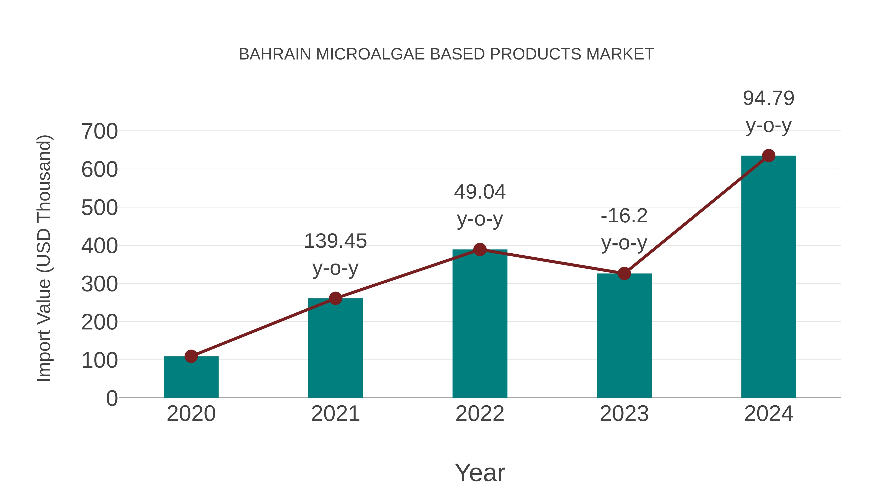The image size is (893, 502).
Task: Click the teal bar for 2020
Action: tap(191, 378)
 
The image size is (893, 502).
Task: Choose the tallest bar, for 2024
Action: tap(768, 277)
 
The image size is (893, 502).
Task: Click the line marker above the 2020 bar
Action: tap(191, 356)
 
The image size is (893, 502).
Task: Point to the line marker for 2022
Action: tap(480, 249)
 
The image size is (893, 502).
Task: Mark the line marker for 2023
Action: tap(624, 274)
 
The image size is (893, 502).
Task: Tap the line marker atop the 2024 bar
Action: tap(768, 156)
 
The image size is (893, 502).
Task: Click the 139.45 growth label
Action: tap(335, 241)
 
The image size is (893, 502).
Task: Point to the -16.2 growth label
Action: tap(624, 216)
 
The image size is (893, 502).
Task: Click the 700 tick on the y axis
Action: tap(99, 132)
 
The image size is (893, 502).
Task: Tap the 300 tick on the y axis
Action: tap(99, 284)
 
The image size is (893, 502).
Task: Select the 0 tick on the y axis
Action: tap(112, 398)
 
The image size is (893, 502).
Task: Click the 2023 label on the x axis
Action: tap(624, 414)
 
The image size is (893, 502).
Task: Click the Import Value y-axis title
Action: tap(44, 258)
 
